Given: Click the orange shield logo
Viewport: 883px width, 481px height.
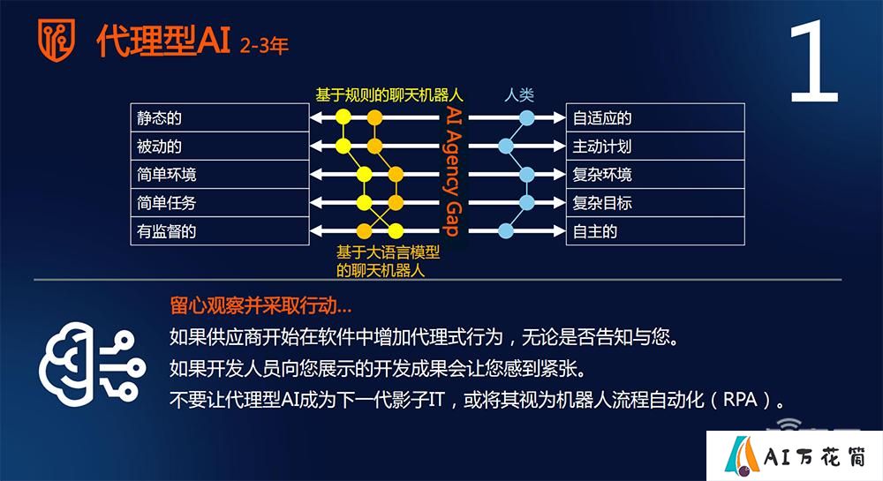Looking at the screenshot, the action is [x=57, y=40].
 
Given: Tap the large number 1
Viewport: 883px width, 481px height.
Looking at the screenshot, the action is [x=814, y=62].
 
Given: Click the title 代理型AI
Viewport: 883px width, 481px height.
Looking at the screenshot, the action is [x=163, y=41].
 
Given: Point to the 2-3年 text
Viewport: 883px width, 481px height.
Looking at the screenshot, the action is [x=264, y=46].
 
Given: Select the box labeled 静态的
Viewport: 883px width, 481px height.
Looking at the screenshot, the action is [x=220, y=117].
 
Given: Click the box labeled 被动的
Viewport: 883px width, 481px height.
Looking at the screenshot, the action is [x=220, y=147].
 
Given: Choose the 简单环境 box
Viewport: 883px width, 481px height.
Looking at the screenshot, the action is [x=220, y=175].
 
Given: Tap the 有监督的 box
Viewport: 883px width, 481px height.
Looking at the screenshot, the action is [x=220, y=231].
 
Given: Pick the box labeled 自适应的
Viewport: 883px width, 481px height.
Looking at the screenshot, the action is [x=655, y=117].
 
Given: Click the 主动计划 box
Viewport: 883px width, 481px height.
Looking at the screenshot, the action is [x=655, y=147].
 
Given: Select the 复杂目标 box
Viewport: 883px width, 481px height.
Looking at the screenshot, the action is [x=655, y=202].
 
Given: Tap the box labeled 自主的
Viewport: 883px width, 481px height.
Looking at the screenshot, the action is [x=655, y=231].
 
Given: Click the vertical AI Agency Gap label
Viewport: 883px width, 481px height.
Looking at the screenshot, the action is [x=453, y=170].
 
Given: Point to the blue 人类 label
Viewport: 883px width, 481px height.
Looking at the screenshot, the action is [x=519, y=94].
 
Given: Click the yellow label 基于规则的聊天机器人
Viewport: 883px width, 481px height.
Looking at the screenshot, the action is [x=389, y=95].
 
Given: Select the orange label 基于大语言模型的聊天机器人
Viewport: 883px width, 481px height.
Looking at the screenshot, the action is [x=388, y=261].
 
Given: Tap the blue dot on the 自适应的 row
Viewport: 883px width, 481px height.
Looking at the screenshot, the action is [x=526, y=117].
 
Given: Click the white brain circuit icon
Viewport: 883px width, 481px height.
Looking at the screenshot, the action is [x=92, y=365].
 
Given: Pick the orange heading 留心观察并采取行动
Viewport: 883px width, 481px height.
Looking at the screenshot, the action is [x=260, y=305].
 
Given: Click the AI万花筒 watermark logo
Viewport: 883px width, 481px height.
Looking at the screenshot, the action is [x=795, y=455].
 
